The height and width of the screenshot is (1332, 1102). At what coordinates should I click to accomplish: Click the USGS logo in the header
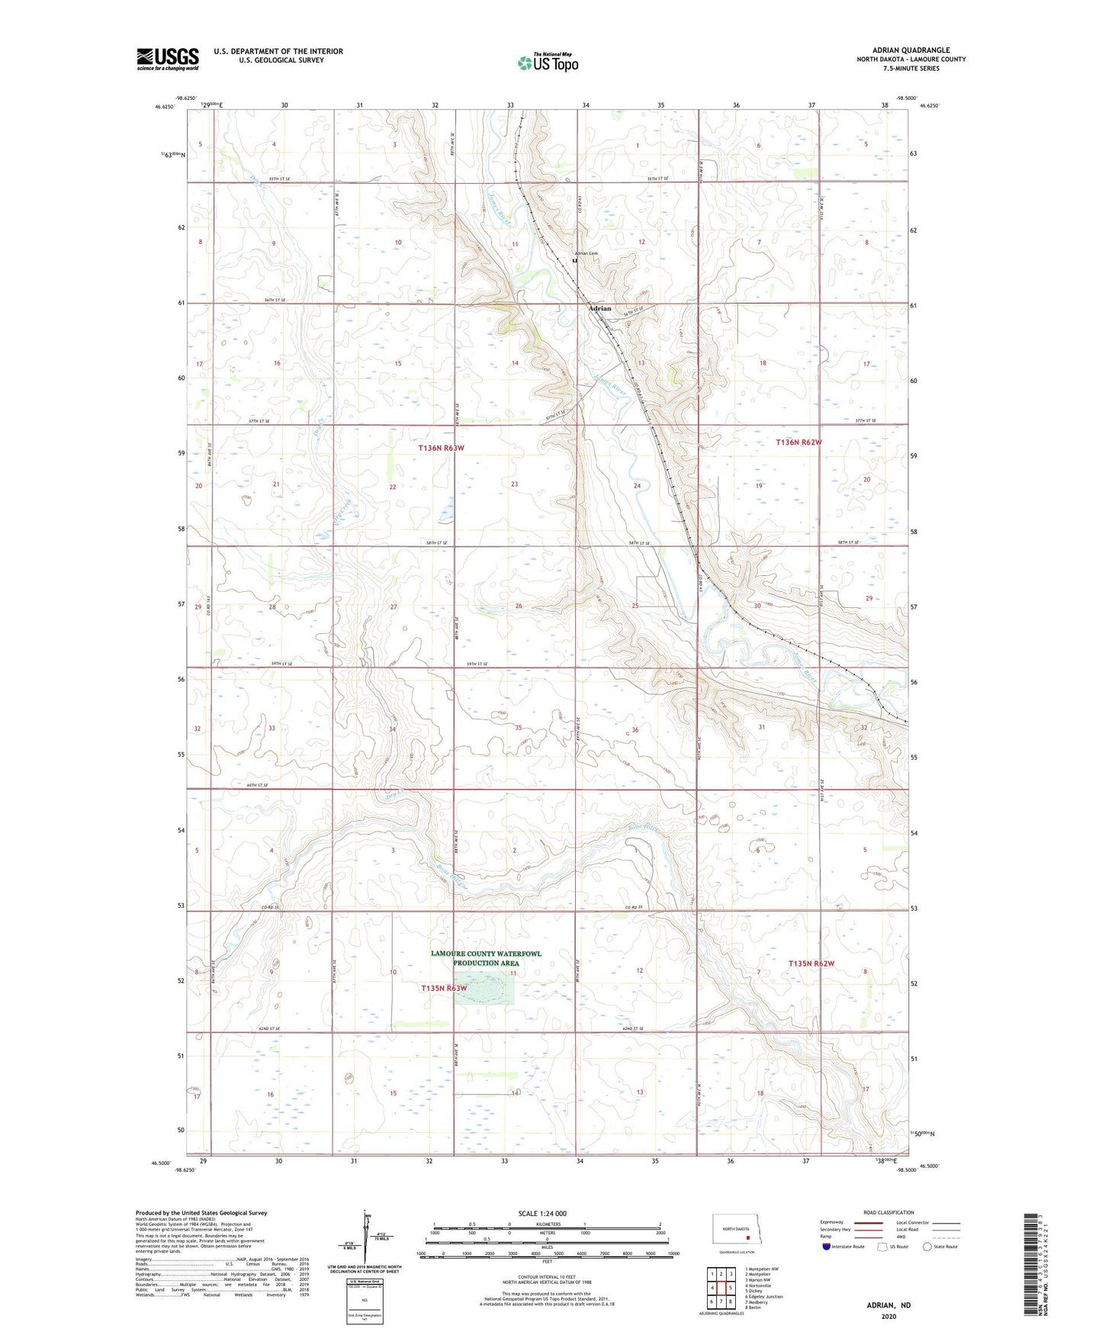coord(168,59)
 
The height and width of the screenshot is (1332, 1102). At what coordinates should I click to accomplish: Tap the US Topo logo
coord(548,62)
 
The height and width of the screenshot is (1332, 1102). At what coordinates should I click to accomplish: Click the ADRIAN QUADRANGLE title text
coord(911,50)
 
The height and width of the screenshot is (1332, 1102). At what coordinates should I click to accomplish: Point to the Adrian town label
coord(599,309)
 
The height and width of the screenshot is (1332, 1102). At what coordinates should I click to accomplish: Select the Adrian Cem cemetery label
coord(586,253)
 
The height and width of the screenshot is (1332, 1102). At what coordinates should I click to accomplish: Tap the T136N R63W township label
coord(441,448)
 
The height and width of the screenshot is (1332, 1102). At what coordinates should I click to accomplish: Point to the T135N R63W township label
coord(444,988)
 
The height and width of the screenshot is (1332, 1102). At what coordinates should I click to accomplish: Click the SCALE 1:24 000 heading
coord(542,1214)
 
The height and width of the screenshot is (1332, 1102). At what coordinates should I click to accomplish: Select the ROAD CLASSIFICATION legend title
coord(888,1212)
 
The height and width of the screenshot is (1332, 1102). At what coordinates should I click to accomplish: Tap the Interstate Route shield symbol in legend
coord(827,1247)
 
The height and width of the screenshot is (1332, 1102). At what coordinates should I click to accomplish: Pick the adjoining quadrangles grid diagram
coord(721,1289)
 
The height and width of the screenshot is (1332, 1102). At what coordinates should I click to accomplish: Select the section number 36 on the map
coord(635,730)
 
